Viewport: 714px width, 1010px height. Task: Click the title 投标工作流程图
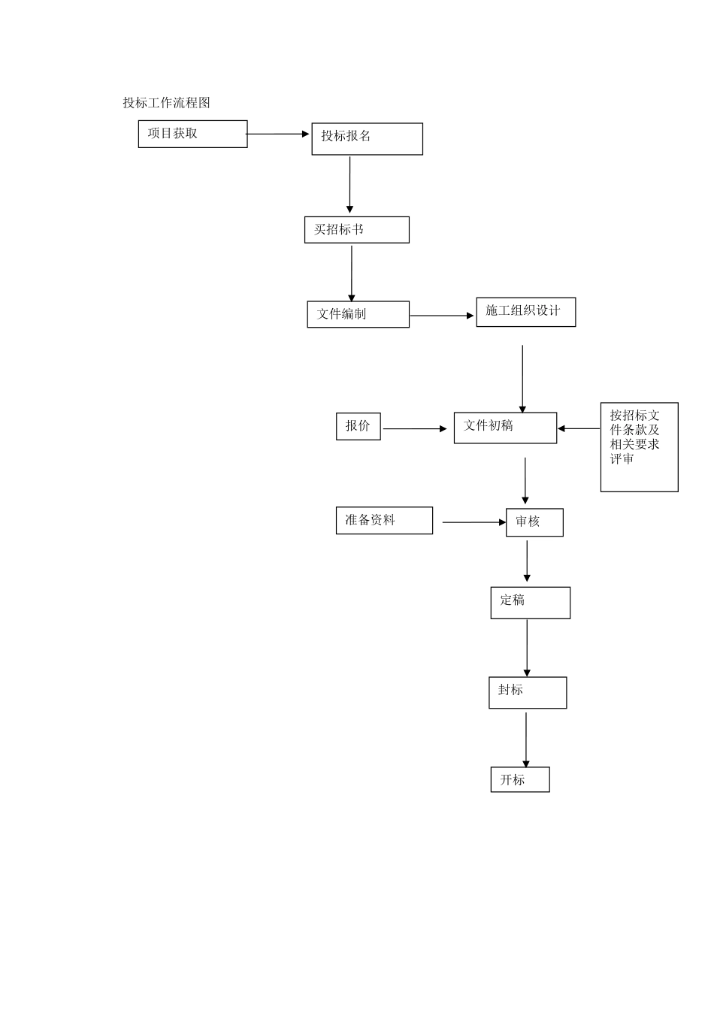click(166, 103)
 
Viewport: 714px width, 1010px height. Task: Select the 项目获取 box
click(192, 134)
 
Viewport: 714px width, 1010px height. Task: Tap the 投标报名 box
click(367, 139)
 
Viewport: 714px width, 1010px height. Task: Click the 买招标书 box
click(356, 230)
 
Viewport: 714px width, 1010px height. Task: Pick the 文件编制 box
click(358, 314)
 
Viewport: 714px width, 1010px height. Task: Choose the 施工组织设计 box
click(525, 312)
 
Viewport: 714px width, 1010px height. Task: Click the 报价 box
click(358, 426)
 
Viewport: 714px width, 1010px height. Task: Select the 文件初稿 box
click(505, 428)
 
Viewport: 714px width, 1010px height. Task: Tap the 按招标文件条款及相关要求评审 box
click(639, 447)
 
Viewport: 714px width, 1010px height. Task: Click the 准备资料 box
click(384, 520)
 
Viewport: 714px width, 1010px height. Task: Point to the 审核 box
click(534, 522)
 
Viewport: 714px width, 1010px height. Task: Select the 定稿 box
click(530, 603)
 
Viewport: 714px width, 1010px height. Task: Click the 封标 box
click(528, 692)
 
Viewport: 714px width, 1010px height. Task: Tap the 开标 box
click(520, 779)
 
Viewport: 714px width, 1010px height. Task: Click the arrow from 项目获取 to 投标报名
click(278, 134)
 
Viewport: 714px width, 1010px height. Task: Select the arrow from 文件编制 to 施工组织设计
click(442, 316)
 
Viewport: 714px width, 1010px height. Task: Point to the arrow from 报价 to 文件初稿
click(415, 429)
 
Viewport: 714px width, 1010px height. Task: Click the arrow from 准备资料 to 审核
click(474, 522)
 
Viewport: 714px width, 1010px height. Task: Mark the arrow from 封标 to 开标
click(526, 739)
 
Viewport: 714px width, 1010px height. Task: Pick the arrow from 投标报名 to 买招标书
click(349, 185)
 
